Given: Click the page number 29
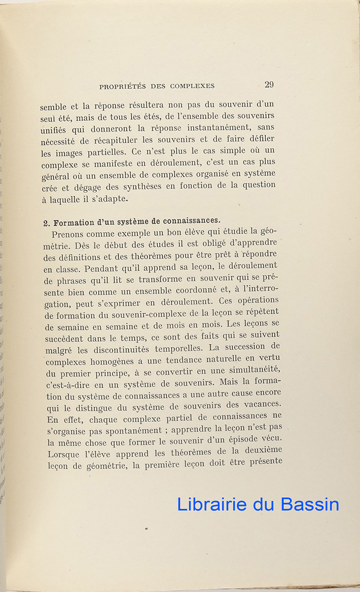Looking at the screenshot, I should (269, 84).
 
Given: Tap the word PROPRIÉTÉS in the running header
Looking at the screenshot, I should (122, 86).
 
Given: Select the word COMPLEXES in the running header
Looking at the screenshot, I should (192, 86).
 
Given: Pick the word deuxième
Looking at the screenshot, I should (259, 450).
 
